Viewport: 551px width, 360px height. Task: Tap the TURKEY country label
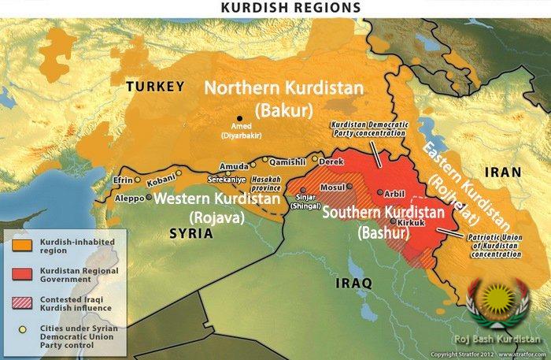(156, 87)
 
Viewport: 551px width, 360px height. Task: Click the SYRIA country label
(191, 234)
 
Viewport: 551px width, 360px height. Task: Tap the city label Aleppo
(129, 199)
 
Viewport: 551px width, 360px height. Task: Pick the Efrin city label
(124, 180)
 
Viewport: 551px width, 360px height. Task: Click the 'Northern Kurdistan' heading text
(284, 87)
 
